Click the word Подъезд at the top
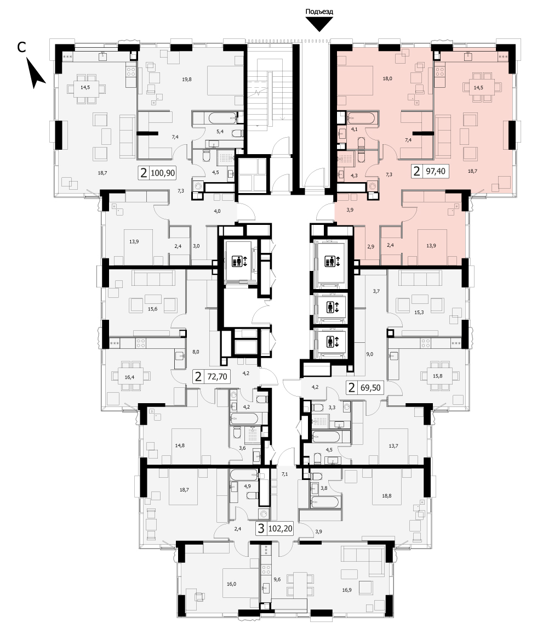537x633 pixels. pos(319,12)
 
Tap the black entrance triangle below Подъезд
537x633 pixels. pos(319,25)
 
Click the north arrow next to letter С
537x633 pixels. pos(36,73)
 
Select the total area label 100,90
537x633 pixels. pos(163,173)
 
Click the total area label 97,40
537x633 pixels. pos(436,171)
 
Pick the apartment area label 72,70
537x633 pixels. pos(217,377)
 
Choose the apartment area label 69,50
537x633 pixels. pos(370,388)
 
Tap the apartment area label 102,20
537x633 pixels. pos(280,528)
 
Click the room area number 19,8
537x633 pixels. pos(187,80)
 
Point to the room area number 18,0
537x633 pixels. pos(387,79)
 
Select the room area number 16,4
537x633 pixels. pos(129,377)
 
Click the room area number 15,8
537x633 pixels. pos(437,376)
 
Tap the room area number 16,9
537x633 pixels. pos(347,590)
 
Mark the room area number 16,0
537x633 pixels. pos(231,584)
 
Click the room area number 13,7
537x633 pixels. pos(393,446)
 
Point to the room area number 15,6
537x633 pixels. pos(152,309)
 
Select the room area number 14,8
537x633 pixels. pos(180,446)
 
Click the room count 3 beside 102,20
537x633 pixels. pos(261,528)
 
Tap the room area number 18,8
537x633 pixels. pos(387,496)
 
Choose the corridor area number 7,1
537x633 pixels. pos(284,474)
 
